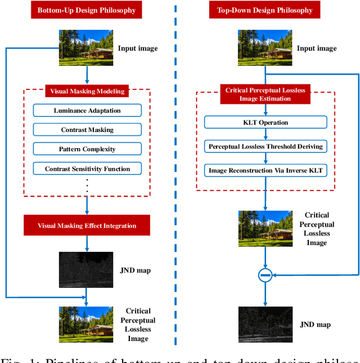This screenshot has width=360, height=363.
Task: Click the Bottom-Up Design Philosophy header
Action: tap(87, 10)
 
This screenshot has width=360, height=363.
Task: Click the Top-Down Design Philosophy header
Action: tap(264, 10)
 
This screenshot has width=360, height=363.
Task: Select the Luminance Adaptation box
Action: tap(87, 110)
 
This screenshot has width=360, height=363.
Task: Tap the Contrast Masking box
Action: tap(87, 130)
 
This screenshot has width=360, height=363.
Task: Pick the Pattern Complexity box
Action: tap(87, 149)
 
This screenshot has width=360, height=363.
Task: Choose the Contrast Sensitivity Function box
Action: tap(87, 169)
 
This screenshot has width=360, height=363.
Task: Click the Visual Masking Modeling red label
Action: tap(87, 91)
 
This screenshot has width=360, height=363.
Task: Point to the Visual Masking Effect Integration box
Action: tap(87, 225)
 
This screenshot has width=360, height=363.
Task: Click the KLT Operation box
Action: tap(265, 122)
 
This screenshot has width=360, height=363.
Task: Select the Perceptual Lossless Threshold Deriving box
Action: tap(265, 146)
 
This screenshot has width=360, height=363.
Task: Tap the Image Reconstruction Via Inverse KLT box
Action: tap(265, 170)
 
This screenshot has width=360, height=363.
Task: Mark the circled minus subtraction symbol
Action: tap(265, 275)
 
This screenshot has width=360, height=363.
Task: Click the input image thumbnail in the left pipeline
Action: tap(86, 48)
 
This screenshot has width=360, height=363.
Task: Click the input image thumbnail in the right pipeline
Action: tap(265, 48)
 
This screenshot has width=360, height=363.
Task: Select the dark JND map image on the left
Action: tap(86, 270)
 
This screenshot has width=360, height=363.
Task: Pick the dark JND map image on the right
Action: tap(265, 325)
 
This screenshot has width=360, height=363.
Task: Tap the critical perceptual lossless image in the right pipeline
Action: tap(265, 229)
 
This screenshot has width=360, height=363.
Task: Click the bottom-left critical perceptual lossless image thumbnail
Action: tap(86, 324)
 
